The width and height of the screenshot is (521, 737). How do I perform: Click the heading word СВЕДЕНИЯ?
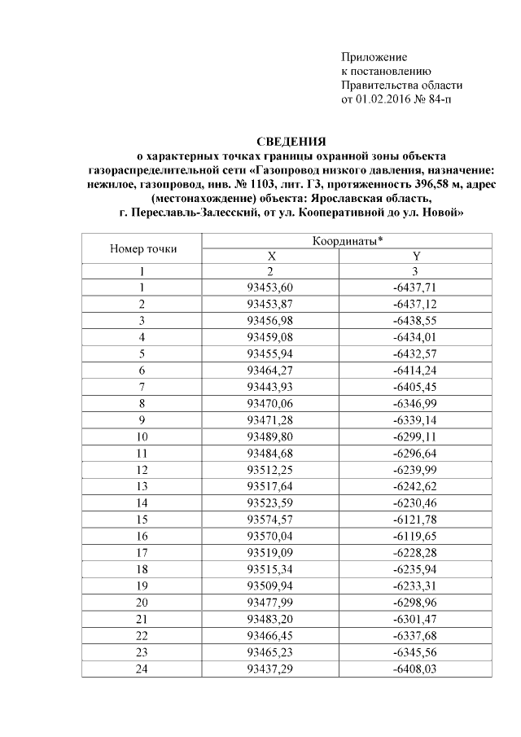[x=291, y=141]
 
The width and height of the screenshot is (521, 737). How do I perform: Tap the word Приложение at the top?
[x=374, y=56]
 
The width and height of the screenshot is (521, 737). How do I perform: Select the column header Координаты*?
[x=348, y=241]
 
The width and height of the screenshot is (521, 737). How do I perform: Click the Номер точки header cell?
[x=142, y=248]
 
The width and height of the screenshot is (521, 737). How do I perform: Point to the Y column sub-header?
[x=416, y=256]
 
